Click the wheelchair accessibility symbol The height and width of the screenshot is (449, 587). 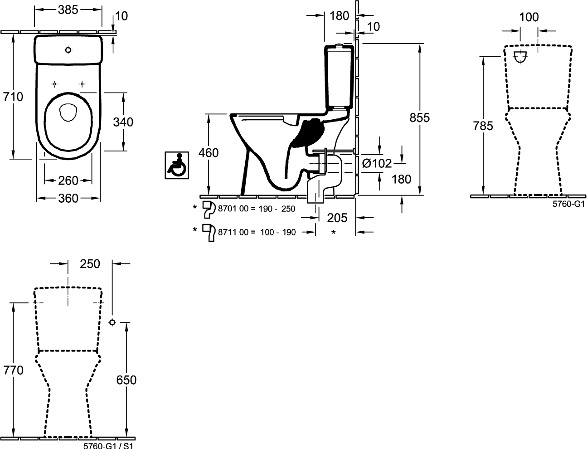point(177,165)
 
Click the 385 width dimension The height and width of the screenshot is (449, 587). point(68,9)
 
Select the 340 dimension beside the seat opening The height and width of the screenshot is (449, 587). point(123,122)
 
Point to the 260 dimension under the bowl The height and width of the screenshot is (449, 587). point(68,181)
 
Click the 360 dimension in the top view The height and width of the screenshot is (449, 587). point(68,198)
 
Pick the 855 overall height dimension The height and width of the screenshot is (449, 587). point(420,117)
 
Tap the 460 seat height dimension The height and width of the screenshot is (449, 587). point(209,153)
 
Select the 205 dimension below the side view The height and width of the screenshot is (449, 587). point(337,218)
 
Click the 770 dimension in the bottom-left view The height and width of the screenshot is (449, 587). point(14,370)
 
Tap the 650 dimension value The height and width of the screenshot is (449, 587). point(126,380)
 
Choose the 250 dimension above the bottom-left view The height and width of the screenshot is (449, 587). point(90,264)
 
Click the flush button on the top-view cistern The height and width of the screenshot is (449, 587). point(68,50)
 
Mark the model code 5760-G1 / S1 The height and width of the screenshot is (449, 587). point(108,445)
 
